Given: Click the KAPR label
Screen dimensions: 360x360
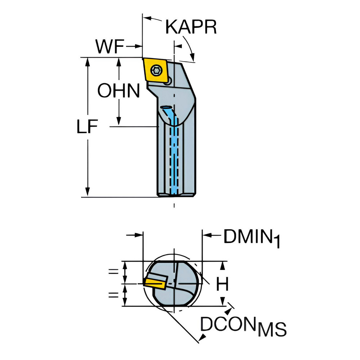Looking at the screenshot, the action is pos(191,27).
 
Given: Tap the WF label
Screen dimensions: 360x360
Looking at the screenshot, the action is pos(110,46).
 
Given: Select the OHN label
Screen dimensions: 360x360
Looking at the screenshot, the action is pos(119,90).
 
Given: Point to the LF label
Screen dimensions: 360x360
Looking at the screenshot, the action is pos(87,126).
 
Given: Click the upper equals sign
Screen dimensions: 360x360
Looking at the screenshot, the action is pos(113,272).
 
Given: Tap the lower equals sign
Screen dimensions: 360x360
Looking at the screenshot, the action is pos(113,294).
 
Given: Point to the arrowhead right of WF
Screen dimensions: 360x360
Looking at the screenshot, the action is pos(138,46).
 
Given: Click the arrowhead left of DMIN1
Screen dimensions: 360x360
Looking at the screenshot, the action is pos(207,235).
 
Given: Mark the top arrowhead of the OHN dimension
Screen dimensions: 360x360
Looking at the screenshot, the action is pos(119,62).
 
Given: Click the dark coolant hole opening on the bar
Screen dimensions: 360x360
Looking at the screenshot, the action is pos(166,107).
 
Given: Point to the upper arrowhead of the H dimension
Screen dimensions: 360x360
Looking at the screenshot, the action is pos(222,266).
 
